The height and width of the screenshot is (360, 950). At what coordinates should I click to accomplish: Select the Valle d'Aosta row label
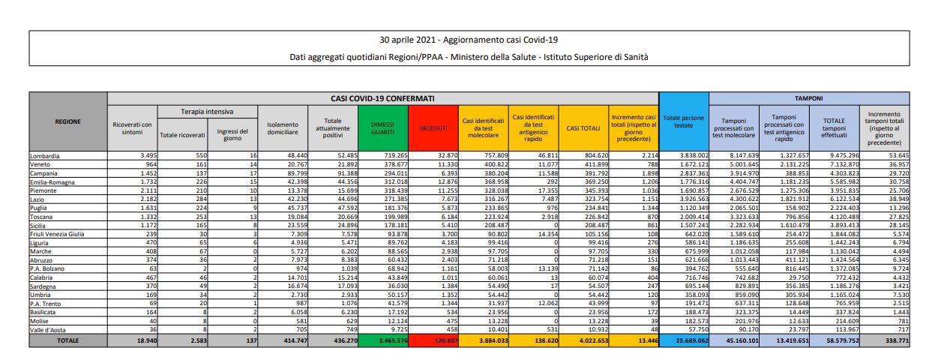47,329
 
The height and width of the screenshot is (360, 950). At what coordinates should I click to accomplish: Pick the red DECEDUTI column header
433,128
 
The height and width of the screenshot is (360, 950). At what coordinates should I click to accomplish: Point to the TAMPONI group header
809,98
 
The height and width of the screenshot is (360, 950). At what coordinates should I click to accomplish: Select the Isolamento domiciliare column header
282,128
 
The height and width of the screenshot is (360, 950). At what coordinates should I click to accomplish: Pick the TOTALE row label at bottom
68,340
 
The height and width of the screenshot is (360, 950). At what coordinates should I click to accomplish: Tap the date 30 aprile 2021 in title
409,40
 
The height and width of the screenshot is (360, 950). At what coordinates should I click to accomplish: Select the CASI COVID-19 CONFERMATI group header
383,98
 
